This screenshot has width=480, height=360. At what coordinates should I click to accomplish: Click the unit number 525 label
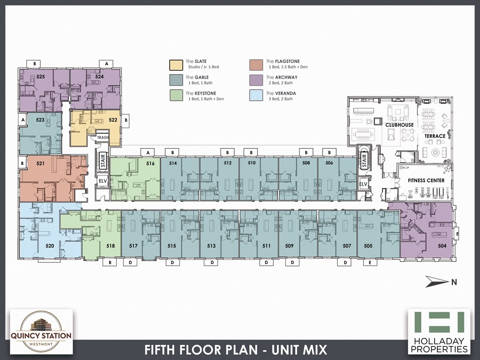coord(27,76)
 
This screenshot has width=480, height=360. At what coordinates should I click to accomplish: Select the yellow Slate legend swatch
coord(176,64)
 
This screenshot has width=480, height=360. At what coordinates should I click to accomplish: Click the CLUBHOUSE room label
coord(399,125)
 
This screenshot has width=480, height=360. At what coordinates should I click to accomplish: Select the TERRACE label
coord(435,136)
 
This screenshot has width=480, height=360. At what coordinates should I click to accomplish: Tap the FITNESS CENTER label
coord(426,180)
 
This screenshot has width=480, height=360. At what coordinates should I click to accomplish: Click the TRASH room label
coord(102,138)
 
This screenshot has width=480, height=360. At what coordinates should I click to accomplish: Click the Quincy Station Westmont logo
coord(41,330)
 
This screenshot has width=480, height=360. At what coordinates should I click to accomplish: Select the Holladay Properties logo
coord(439,331)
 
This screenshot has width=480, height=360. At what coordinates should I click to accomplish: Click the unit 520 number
coord(50,246)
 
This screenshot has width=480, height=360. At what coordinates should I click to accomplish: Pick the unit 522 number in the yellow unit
coord(112,120)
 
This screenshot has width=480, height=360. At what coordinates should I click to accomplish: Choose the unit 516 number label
coord(150,164)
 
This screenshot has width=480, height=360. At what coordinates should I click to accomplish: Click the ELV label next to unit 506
coord(362,184)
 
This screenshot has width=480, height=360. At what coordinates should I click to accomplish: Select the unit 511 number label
coord(266,246)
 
